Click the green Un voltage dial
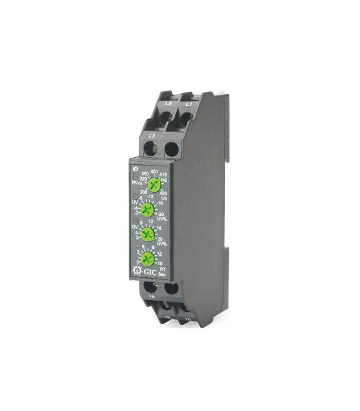click(x=153, y=184)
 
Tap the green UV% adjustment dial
click(x=148, y=209)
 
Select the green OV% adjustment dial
click(x=148, y=234)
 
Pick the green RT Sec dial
click(x=148, y=258)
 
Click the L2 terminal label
click(x=168, y=103)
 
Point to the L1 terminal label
click(x=189, y=104)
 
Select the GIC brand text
click(x=150, y=270)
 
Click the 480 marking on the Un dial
click(x=164, y=193)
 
